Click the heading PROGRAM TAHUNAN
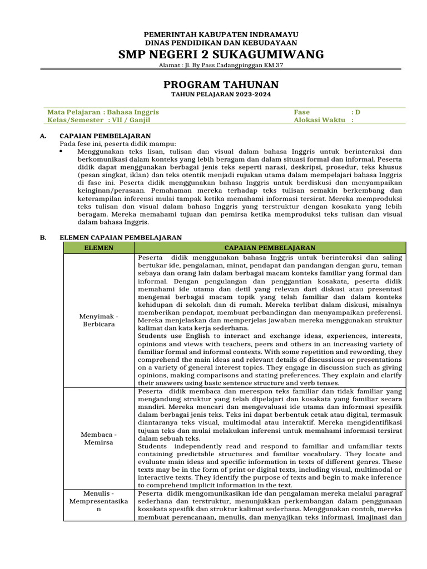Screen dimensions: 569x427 [x=221, y=84]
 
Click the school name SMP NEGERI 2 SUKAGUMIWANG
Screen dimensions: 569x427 [x=221, y=54]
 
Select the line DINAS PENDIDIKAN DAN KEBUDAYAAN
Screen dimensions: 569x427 [x=221, y=43]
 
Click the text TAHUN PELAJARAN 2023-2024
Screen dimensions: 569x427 [x=221, y=95]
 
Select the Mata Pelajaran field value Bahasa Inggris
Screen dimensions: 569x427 [x=132, y=112]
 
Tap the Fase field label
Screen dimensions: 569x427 [x=302, y=112]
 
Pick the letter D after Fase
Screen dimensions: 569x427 [x=358, y=112]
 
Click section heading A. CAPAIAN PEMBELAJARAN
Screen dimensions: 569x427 [x=105, y=136]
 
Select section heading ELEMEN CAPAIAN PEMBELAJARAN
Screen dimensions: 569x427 [x=120, y=237]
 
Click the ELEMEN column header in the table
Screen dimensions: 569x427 [x=100, y=248]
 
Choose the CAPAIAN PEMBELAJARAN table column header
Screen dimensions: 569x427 [x=270, y=248]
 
